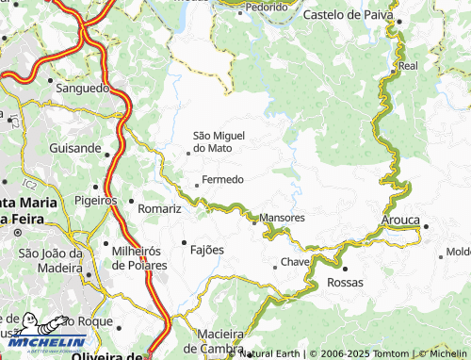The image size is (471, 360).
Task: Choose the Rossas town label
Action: click(345, 282)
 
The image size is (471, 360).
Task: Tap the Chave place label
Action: click(295, 263)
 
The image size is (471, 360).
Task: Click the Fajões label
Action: click(207, 250)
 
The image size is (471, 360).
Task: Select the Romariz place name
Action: click(159, 207)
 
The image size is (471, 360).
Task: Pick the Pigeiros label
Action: click(94, 200)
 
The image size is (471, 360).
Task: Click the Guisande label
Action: click(74, 148)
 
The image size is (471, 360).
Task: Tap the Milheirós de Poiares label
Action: click(139, 257)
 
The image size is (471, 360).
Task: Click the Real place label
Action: click(408, 67)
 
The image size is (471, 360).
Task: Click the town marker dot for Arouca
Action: click(426, 226)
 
